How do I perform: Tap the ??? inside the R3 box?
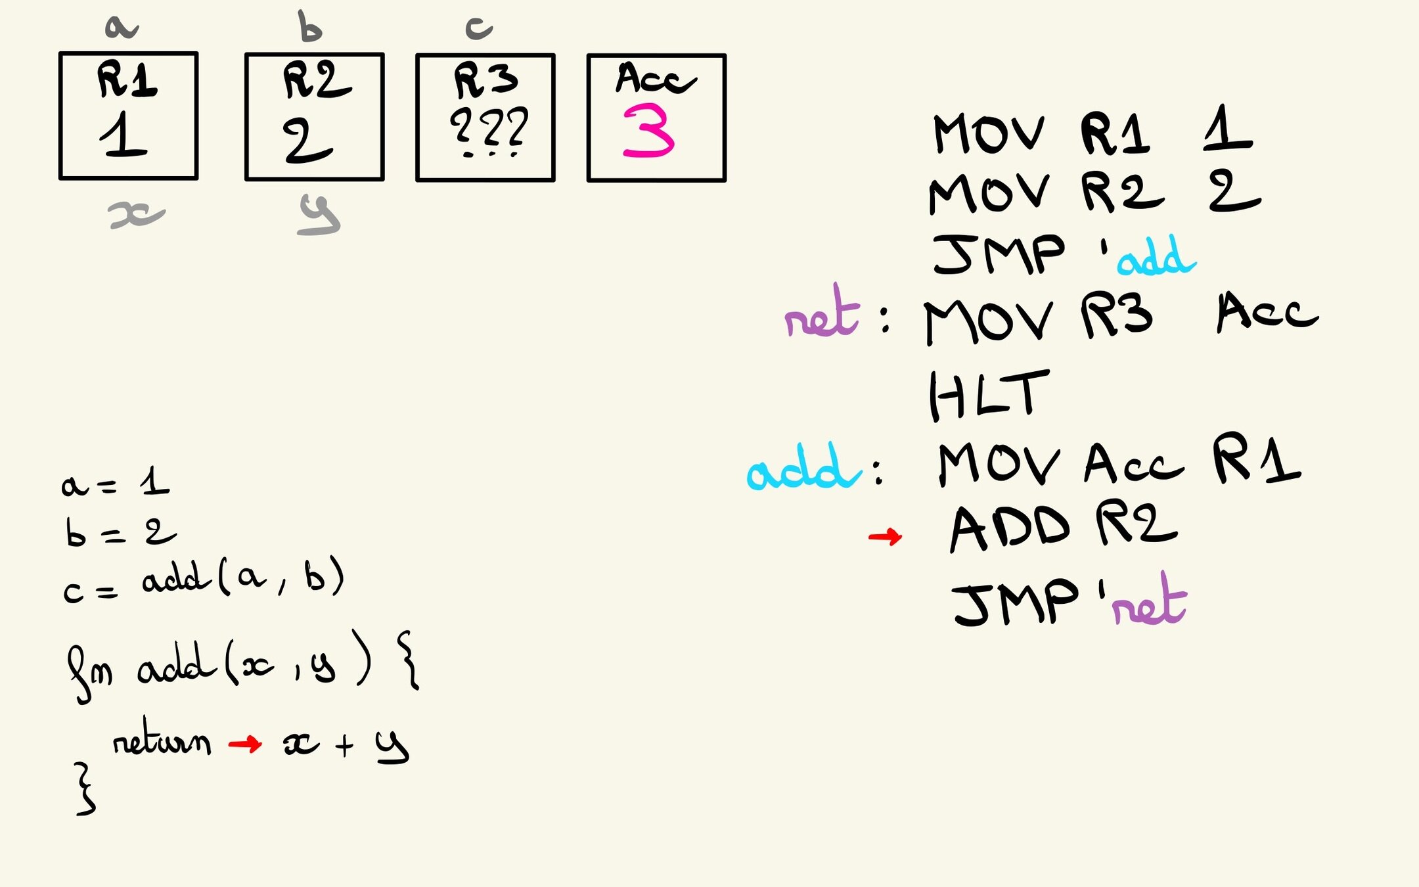[489, 129]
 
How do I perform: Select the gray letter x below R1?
[136, 215]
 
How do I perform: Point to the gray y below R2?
[319, 215]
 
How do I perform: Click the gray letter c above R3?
[479, 28]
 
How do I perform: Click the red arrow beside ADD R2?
[885, 537]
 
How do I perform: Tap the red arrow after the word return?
[245, 744]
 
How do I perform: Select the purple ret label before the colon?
[822, 313]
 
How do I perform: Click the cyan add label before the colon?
[803, 468]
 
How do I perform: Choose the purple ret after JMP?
[1149, 601]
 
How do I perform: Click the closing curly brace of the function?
[85, 788]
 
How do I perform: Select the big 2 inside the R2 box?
[307, 141]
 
